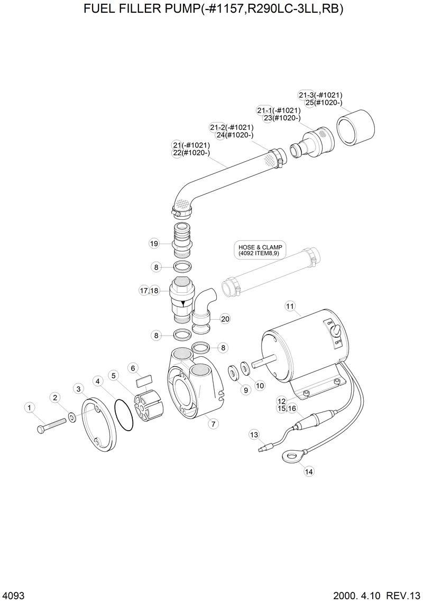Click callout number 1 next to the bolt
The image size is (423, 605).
pyautogui.click(x=30, y=407)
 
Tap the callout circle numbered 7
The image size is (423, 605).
pyautogui.click(x=214, y=423)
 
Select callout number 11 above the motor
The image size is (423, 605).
pyautogui.click(x=290, y=306)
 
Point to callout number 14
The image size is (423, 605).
pyautogui.click(x=309, y=472)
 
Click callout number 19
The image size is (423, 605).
pyautogui.click(x=154, y=244)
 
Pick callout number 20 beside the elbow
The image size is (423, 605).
pyautogui.click(x=225, y=319)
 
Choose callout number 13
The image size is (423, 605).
pyautogui.click(x=254, y=434)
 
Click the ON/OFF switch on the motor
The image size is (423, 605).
pyautogui.click(x=334, y=331)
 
